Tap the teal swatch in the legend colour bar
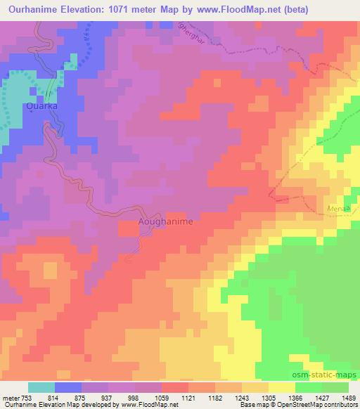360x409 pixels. (41, 388)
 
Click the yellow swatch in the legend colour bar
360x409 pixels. (282, 388)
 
